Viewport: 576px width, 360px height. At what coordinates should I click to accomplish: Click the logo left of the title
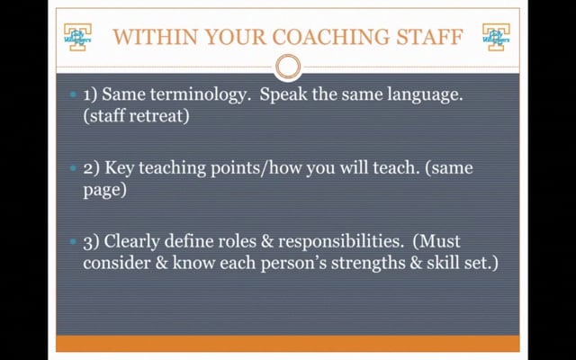tap(77, 37)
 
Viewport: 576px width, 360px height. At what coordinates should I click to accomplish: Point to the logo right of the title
tap(496, 37)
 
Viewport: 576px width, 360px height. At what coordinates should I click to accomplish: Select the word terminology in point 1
tap(198, 94)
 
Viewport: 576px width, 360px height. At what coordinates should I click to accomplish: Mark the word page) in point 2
tap(104, 190)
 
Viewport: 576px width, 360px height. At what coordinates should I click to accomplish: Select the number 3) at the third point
tap(92, 242)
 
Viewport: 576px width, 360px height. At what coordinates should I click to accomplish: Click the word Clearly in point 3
tap(132, 242)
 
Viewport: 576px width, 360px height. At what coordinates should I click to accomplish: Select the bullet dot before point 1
tap(73, 94)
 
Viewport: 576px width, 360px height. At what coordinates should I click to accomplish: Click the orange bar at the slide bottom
tap(288, 343)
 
